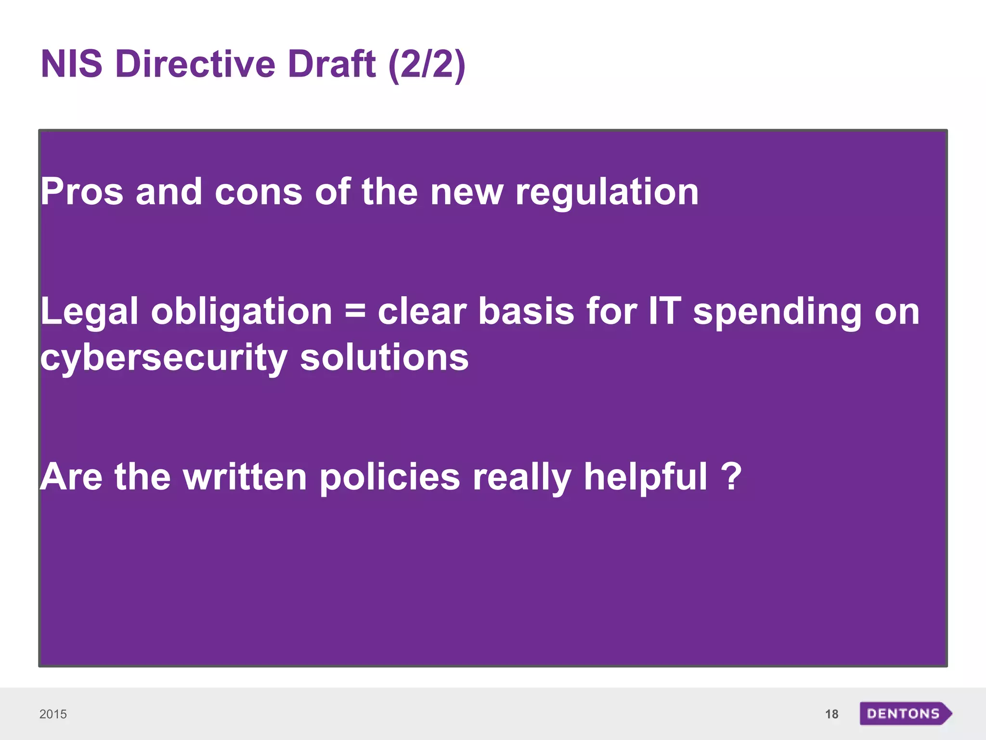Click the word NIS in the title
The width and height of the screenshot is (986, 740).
point(72,64)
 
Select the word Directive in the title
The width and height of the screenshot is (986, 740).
point(195,64)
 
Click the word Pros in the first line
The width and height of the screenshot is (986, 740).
point(82,192)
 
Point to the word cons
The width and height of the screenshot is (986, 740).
point(258,192)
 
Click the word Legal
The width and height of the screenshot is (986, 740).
point(90,311)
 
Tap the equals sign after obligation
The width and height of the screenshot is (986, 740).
point(355,311)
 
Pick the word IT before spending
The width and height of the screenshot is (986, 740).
point(665,311)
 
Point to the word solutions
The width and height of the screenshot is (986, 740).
point(384,357)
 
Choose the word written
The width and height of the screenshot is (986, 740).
point(245,477)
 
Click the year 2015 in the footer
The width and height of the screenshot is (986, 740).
point(53,714)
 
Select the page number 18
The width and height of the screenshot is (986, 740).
point(831,714)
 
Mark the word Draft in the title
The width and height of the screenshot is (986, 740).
point(332,64)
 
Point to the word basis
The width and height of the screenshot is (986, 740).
point(526,311)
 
